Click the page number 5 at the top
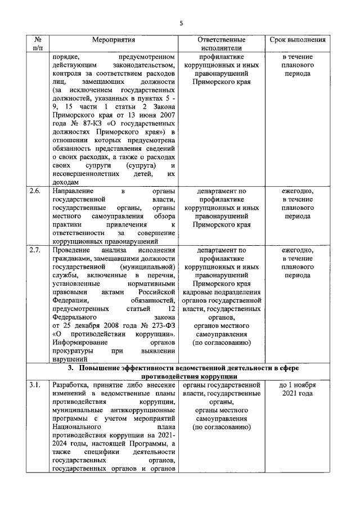[181, 23]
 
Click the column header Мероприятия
[114, 40]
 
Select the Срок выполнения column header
[298, 40]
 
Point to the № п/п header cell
[37, 44]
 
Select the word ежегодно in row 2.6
[298, 191]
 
